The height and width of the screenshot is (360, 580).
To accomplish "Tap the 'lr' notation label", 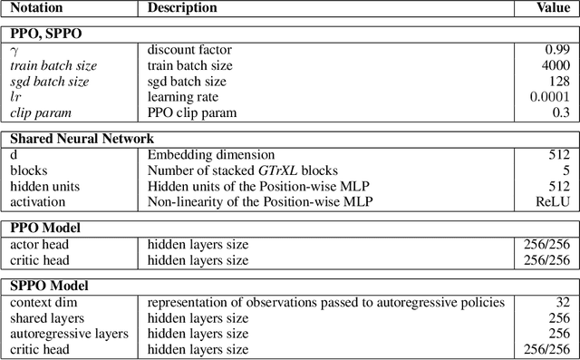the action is click(14, 97).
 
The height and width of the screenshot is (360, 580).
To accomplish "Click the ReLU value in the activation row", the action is click(555, 201).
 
